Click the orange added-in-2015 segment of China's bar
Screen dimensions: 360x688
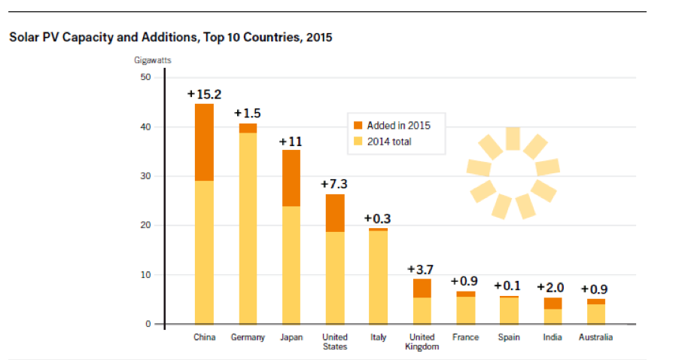(204, 142)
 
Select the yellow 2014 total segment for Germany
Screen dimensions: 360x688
(248, 226)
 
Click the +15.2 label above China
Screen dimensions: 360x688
(204, 94)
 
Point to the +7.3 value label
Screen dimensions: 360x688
(335, 184)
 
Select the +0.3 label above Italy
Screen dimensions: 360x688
(378, 218)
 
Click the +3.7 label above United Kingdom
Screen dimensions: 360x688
(422, 269)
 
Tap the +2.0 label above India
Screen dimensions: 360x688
(552, 287)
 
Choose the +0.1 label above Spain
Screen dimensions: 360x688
(509, 286)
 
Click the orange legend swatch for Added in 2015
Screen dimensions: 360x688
(358, 125)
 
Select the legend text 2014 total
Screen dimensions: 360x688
(390, 141)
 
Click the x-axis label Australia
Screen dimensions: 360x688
(595, 337)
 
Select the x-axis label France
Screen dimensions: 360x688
(465, 337)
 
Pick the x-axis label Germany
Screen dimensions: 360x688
(248, 337)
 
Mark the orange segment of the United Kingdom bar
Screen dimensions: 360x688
(422, 288)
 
